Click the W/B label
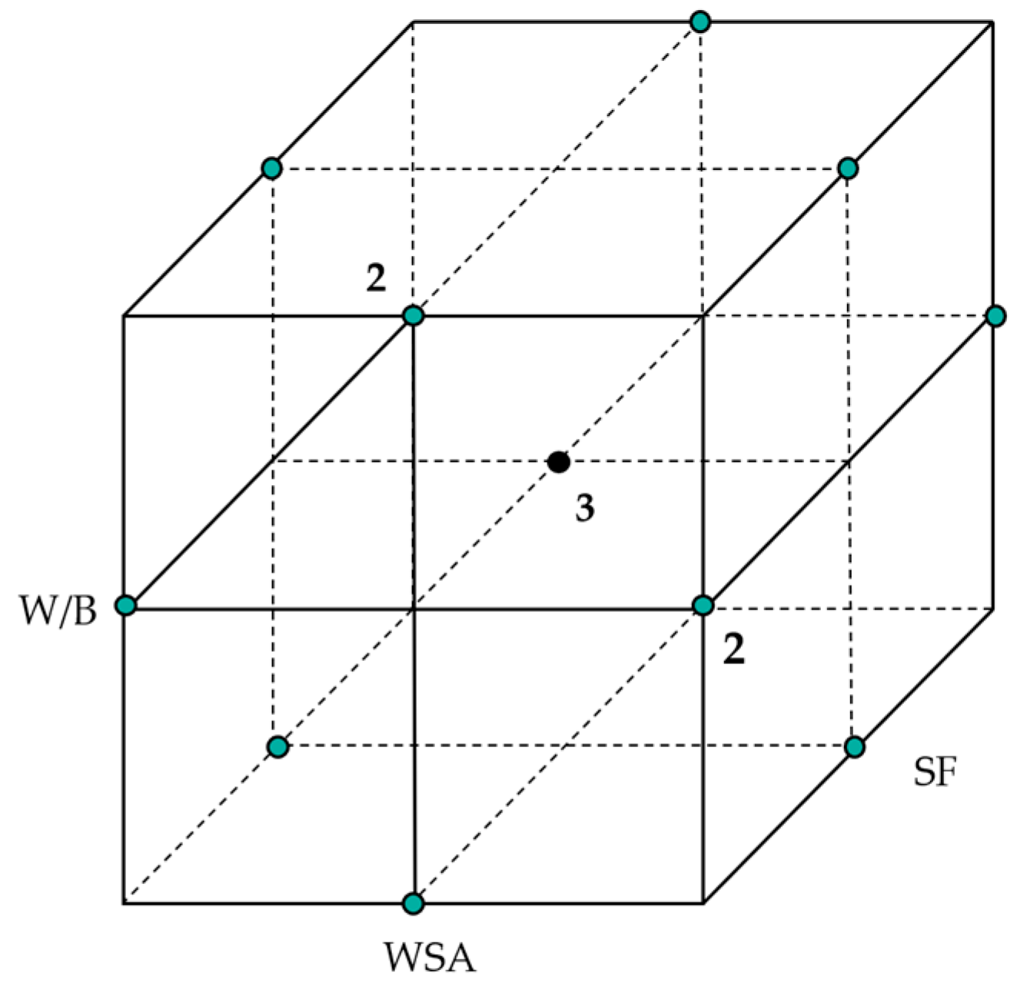[x=58, y=613]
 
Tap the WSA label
[x=430, y=958]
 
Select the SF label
[x=934, y=772]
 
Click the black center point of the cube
[x=558, y=462]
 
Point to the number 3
[x=585, y=508]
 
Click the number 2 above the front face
[x=376, y=278]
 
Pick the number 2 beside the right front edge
[x=734, y=650]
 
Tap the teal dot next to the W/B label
[x=125, y=606]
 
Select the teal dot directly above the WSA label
[x=414, y=902]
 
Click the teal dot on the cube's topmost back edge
[x=699, y=22]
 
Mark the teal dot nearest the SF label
[x=854, y=746]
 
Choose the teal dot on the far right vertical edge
[x=995, y=316]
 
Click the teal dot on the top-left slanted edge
[x=271, y=168]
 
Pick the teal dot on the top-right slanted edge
[x=847, y=168]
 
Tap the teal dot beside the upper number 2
[x=414, y=315]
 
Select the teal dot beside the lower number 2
[x=703, y=606]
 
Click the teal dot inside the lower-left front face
[x=278, y=746]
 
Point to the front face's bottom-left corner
[x=124, y=902]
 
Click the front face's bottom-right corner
[x=703, y=902]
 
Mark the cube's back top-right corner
[x=993, y=22]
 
